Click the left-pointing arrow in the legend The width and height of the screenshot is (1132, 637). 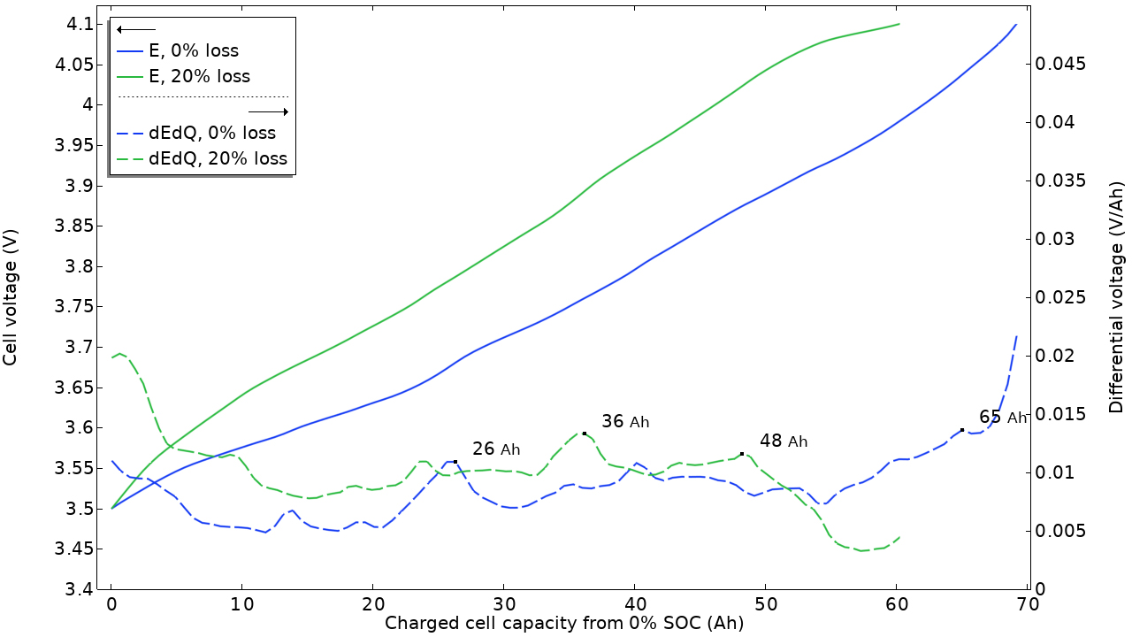click(x=136, y=30)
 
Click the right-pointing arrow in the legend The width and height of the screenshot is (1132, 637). click(x=269, y=111)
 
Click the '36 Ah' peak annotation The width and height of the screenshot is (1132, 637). click(x=625, y=422)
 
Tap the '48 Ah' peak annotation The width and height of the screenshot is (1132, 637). click(x=784, y=441)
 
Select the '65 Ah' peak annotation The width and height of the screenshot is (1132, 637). click(x=1003, y=418)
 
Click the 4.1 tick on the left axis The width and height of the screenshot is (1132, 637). click(x=80, y=25)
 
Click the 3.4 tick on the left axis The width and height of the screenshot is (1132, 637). click(x=80, y=589)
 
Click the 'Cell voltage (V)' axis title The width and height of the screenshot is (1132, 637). click(x=11, y=307)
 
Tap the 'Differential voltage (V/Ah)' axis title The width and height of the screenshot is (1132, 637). click(x=1117, y=298)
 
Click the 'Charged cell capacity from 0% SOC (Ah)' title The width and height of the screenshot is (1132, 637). click(x=563, y=624)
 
